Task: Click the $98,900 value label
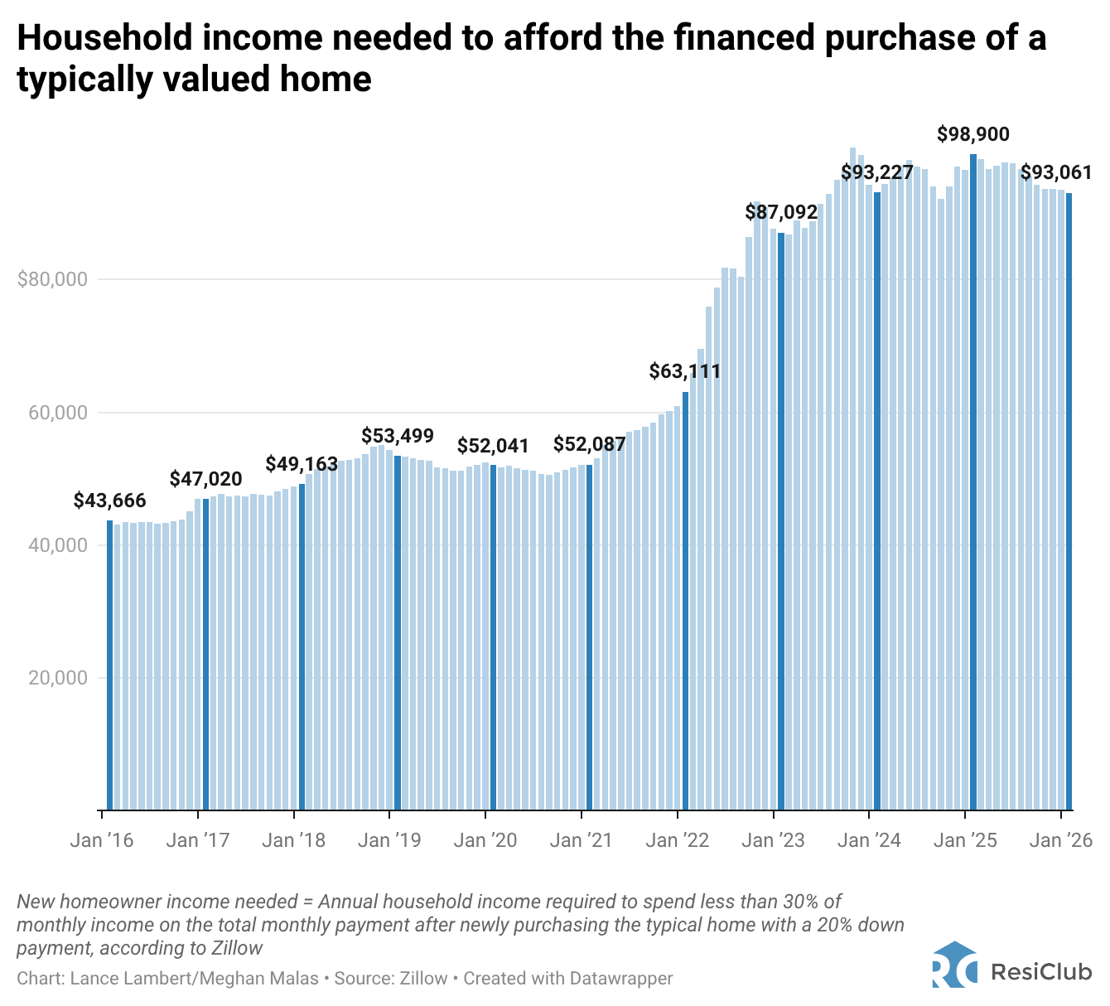click(x=973, y=134)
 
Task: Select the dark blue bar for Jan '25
click(x=973, y=481)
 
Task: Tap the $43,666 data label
click(x=109, y=501)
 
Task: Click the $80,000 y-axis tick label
click(x=52, y=279)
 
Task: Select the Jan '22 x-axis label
click(x=678, y=840)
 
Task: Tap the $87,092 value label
click(x=781, y=212)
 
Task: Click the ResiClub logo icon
click(x=954, y=965)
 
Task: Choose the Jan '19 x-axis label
click(x=389, y=840)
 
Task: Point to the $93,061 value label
click(x=1055, y=173)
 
